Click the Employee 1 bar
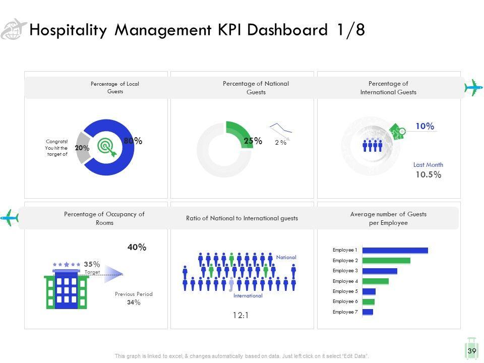395,251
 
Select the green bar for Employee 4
376,281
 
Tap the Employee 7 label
345,312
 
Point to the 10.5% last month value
428,175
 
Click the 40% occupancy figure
137,247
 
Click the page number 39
472,351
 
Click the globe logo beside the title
14,29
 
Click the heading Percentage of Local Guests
115,88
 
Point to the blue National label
286,257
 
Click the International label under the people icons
248,296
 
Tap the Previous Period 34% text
134,298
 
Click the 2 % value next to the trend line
281,143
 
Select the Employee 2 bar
386,261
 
